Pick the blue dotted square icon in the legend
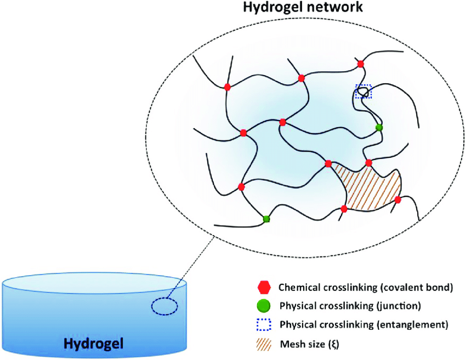pos(264,324)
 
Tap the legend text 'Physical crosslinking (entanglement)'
pos(363,324)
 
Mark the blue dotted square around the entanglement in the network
pos(363,92)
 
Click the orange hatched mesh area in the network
pos(367,186)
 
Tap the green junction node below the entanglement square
pos(378,128)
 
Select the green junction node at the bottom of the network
pos(266,219)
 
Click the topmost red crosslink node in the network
pos(360,64)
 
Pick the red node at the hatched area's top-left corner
pos(328,163)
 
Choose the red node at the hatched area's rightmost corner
pos(398,200)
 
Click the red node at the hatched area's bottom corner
pos(344,209)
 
